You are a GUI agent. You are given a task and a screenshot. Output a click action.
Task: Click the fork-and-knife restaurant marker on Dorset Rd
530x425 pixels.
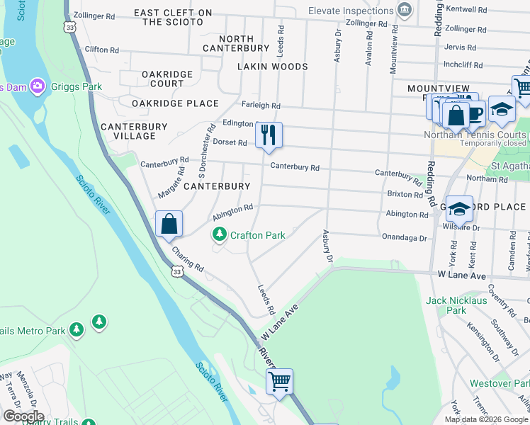coord(269,134)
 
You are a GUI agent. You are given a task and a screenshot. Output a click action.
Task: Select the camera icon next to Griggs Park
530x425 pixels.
coord(38,87)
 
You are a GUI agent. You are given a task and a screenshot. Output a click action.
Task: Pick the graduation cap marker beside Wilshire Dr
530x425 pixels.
coord(459,208)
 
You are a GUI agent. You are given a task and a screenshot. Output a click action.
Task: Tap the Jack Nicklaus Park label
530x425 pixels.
coord(456,305)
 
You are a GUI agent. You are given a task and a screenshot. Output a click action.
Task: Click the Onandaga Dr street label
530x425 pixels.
coord(404,238)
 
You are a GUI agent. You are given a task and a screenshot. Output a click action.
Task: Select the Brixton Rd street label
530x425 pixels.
coord(405,193)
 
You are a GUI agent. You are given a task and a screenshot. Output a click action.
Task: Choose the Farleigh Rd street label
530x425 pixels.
coord(261,105)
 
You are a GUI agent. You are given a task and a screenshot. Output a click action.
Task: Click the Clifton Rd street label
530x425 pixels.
coord(101,50)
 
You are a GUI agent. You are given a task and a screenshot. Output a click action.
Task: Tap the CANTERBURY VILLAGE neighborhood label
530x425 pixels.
coord(134,131)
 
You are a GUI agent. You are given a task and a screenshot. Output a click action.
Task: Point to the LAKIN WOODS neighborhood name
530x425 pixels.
coord(273,67)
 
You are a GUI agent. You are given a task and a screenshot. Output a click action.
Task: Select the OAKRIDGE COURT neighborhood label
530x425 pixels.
coord(167,79)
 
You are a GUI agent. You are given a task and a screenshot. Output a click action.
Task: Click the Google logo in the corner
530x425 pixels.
coord(23,416)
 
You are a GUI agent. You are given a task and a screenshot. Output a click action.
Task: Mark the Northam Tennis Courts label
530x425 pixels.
coord(475,135)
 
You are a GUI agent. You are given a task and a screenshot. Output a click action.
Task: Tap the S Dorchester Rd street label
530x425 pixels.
coord(206,151)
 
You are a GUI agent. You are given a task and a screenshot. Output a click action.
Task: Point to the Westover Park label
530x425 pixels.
coord(500,383)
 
